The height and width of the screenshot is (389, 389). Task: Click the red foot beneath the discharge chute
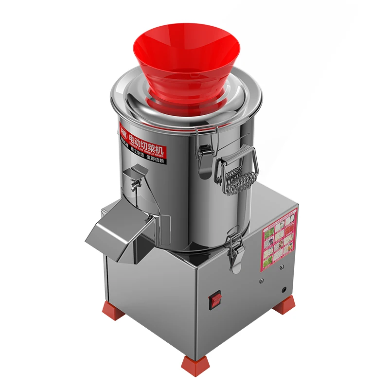point(112,309)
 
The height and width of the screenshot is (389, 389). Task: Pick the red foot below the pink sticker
point(283,305)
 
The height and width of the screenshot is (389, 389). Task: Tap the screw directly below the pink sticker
point(280,268)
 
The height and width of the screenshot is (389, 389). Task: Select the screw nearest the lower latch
point(261,281)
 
